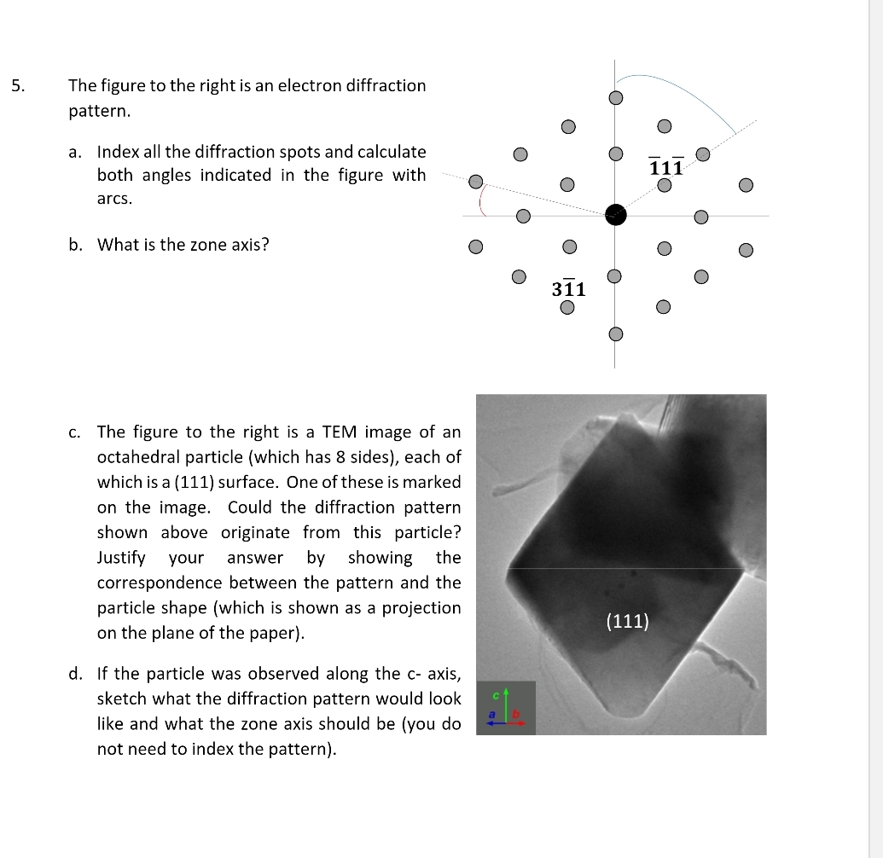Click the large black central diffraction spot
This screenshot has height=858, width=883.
tap(615, 215)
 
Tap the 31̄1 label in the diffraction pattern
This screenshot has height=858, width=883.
tap(568, 288)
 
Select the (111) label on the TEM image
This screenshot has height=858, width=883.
tap(627, 621)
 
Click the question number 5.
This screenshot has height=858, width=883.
tap(19, 85)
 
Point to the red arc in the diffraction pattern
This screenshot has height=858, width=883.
tap(483, 201)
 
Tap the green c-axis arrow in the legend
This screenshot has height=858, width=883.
tap(506, 704)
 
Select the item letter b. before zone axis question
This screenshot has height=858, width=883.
tap(76, 245)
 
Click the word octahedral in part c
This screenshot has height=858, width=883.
tap(139, 456)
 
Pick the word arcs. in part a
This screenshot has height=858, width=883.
tap(114, 198)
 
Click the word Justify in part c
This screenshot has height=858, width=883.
tap(121, 558)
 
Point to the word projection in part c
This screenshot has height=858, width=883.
tap(425, 608)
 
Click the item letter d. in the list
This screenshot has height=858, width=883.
tap(76, 674)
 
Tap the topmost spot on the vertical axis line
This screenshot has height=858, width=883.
tap(615, 97)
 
